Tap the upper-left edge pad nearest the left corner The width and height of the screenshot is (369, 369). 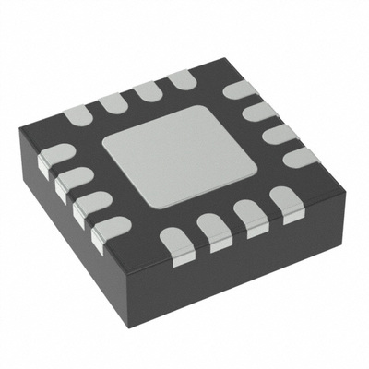78,116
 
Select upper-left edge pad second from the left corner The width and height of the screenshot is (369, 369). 113,103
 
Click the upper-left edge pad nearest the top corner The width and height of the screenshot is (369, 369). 181,82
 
